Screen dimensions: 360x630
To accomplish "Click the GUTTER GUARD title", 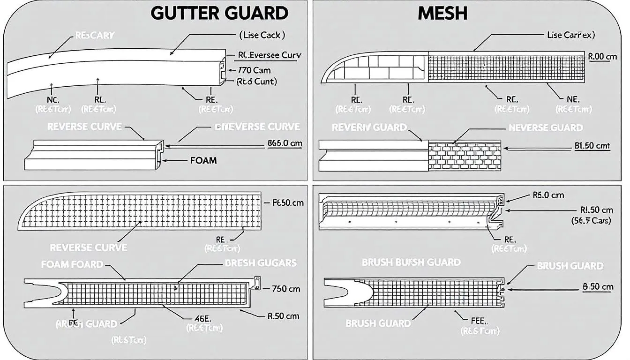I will [x=219, y=13].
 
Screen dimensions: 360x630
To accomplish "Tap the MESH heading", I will [x=442, y=13].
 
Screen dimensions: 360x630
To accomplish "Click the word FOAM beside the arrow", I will [x=203, y=160].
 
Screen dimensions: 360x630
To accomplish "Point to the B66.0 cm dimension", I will [x=285, y=144].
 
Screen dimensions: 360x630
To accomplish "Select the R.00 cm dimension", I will [x=602, y=56].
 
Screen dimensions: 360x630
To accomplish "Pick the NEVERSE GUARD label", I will [x=546, y=127].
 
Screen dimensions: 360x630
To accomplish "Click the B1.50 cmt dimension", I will [x=592, y=146].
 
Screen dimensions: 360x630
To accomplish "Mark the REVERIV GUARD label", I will [x=369, y=127].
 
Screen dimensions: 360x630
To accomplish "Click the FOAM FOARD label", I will [x=72, y=264].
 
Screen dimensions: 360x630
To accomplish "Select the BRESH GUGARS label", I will [x=261, y=263].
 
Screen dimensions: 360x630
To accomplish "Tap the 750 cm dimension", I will [x=285, y=289].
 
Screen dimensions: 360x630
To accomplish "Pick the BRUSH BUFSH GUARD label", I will [x=411, y=262].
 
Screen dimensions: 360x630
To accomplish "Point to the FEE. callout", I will [x=480, y=321].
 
